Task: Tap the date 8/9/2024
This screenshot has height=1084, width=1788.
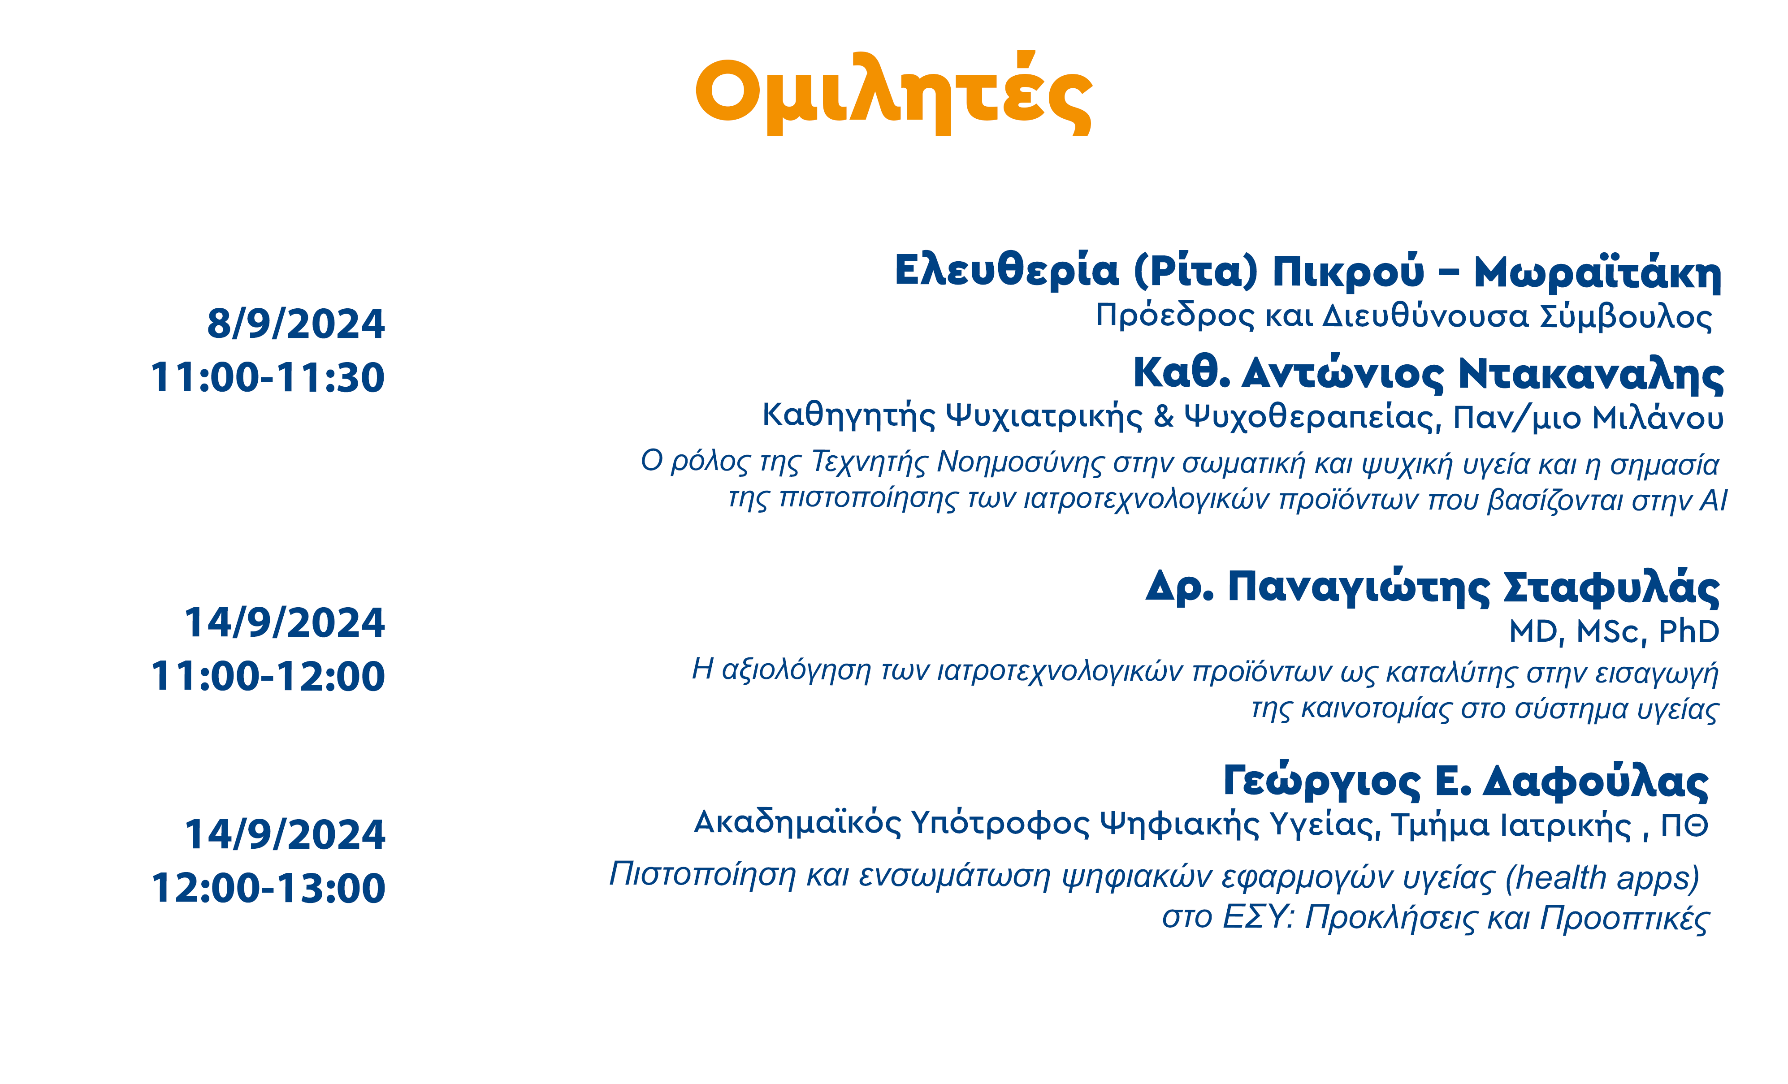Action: (296, 324)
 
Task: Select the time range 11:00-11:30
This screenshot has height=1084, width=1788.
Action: (268, 377)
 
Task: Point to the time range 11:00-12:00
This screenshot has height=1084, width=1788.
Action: (268, 676)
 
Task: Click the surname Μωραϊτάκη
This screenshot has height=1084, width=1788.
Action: (1598, 272)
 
